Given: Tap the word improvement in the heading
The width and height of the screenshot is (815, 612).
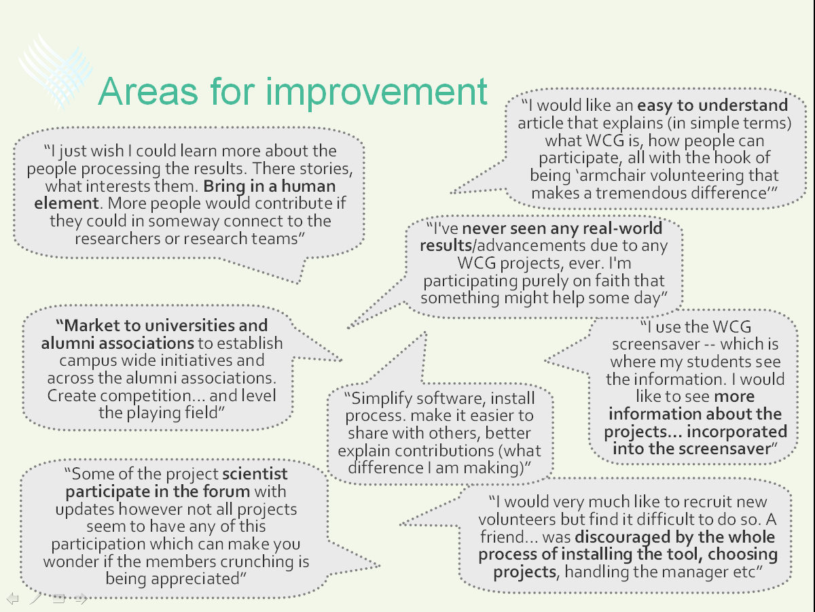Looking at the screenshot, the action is pyautogui.click(x=376, y=93).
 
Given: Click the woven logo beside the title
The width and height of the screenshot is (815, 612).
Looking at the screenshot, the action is pyautogui.click(x=55, y=71).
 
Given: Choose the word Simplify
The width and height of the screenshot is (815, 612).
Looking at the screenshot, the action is pyautogui.click(x=382, y=399).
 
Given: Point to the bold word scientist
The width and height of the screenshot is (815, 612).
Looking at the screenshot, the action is pyautogui.click(x=255, y=474).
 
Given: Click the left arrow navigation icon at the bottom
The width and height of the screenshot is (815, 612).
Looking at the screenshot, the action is pyautogui.click(x=13, y=598).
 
